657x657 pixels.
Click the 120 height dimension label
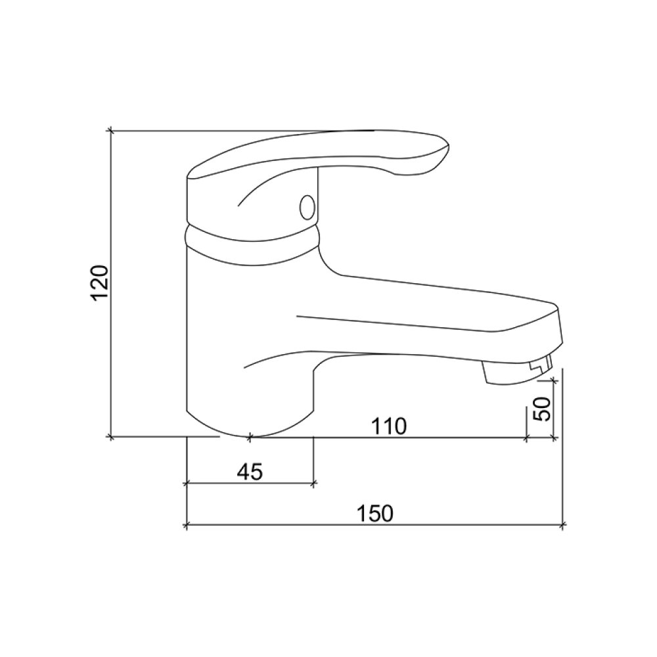101,283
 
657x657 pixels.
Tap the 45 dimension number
250,472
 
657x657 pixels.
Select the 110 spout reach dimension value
388,426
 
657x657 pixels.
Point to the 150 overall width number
375,514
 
